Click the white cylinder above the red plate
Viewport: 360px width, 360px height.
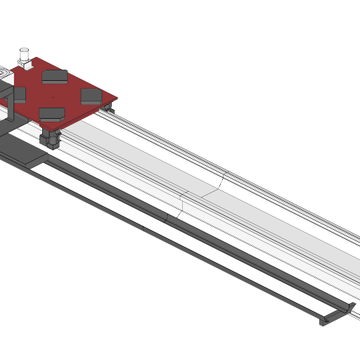click(24, 54)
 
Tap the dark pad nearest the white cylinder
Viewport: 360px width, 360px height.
click(55, 76)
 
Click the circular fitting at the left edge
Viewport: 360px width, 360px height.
click(4, 73)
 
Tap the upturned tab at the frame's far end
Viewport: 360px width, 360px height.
click(349, 306)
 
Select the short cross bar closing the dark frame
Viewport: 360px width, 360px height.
click(336, 315)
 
